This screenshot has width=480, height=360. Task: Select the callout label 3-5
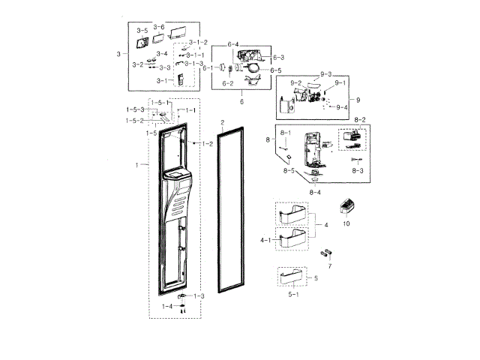click(x=142, y=31)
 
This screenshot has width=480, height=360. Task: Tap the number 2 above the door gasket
click(x=222, y=121)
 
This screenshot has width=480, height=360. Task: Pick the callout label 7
click(x=329, y=266)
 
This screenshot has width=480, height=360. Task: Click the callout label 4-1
click(x=266, y=240)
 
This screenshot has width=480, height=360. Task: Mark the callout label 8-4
click(x=316, y=193)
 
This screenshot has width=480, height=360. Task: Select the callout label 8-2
click(x=359, y=120)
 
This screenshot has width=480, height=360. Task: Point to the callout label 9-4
click(x=342, y=107)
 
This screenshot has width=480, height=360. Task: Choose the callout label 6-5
click(x=275, y=70)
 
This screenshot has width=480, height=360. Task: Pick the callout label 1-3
click(x=199, y=296)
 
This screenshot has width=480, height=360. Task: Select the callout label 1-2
click(x=208, y=143)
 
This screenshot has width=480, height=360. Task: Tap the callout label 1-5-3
click(x=135, y=110)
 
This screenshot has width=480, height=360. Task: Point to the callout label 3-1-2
click(x=198, y=42)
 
